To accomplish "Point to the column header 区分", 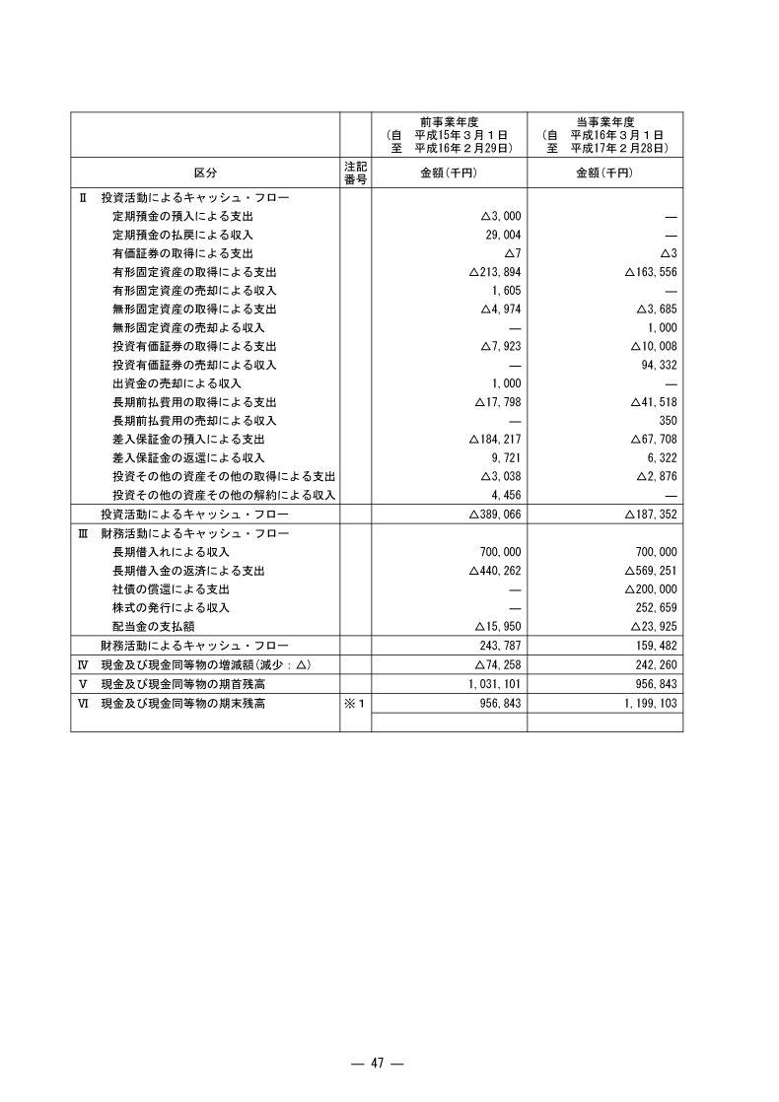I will (205, 172).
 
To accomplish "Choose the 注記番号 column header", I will (355, 172).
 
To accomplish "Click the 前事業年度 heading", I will (449, 121).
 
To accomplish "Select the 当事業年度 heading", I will (605, 121).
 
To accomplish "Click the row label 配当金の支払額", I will (156, 626).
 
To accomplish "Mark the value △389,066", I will (493, 515).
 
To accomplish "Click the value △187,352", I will (650, 515).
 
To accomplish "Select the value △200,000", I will (650, 588).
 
